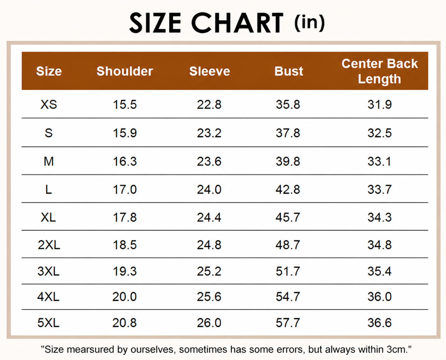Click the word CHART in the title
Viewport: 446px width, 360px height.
(237, 23)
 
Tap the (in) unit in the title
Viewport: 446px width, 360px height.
(310, 23)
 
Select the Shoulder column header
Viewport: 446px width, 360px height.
(125, 71)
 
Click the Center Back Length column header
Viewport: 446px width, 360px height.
(380, 71)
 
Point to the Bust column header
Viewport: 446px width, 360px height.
(289, 71)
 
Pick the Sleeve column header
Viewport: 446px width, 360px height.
(210, 71)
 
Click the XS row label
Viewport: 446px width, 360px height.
(49, 104)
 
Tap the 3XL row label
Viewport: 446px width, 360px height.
(48, 271)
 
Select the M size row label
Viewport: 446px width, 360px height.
(49, 161)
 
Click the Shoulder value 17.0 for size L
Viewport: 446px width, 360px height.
(125, 189)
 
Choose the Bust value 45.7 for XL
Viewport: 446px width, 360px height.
(288, 217)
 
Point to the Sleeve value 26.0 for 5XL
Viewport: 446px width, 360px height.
(209, 323)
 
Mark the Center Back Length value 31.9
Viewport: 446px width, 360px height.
(380, 104)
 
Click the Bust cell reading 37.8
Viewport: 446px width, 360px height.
(288, 133)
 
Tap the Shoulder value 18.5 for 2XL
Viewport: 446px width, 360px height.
(125, 245)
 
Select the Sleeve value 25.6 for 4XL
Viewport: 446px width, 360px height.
(209, 296)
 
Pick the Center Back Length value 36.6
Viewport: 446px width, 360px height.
(380, 323)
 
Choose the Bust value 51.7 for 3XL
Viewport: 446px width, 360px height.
(288, 271)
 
